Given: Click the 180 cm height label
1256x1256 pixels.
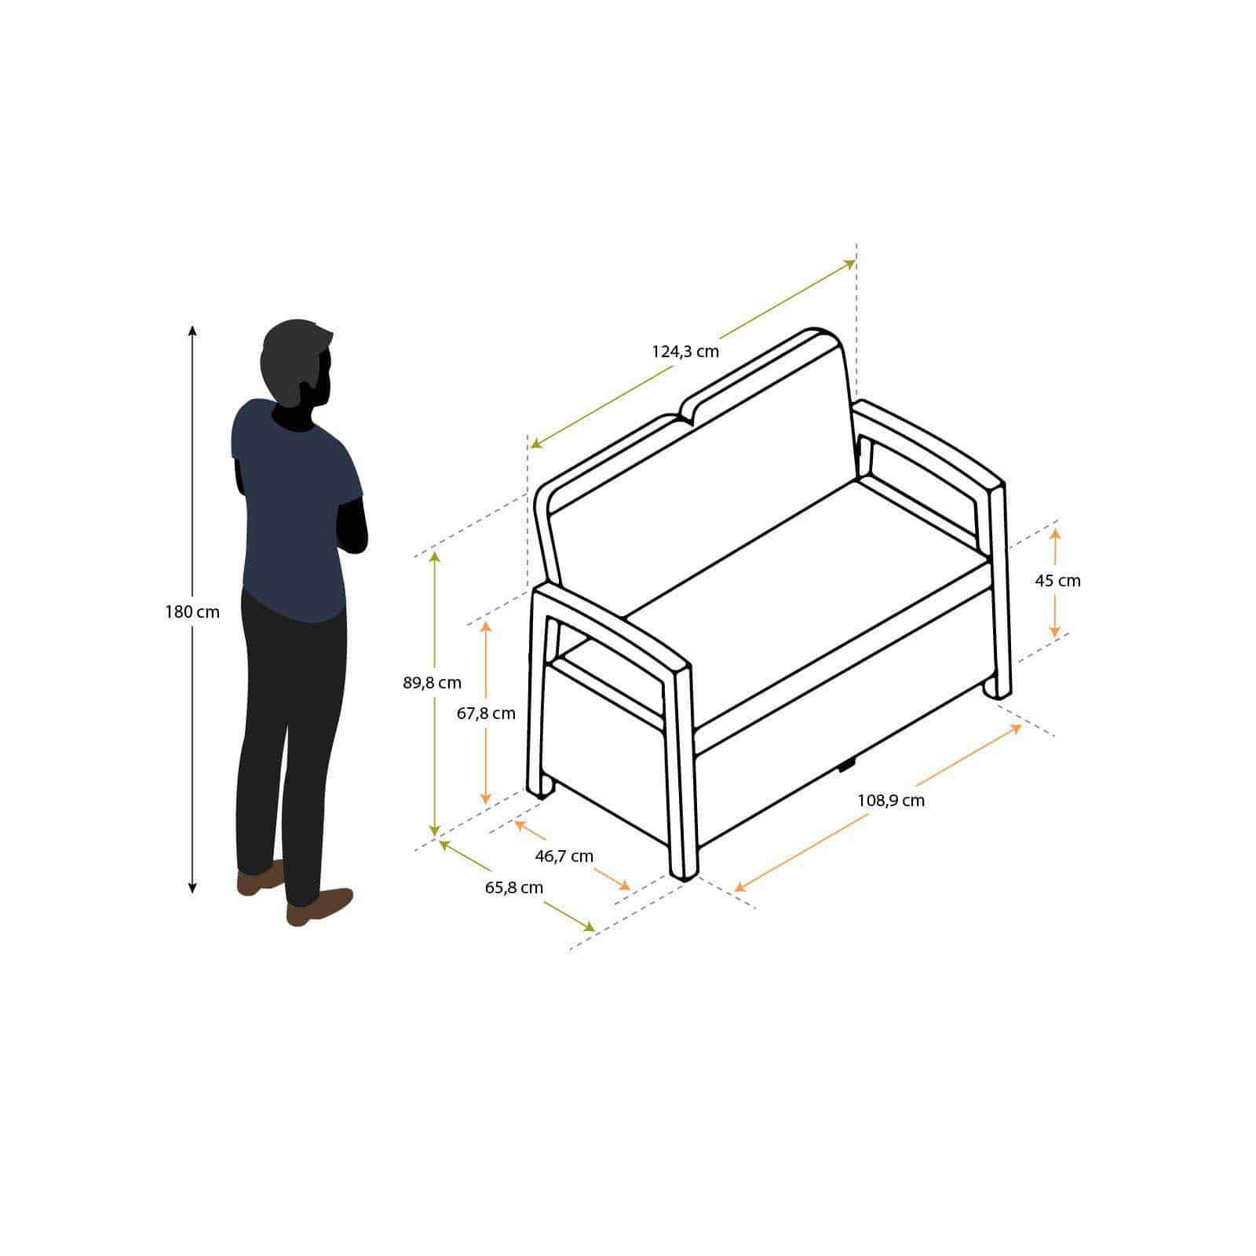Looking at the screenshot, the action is click(192, 612).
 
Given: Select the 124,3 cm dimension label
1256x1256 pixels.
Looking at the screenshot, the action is click(685, 351).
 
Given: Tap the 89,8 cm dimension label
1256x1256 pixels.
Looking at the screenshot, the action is click(432, 682).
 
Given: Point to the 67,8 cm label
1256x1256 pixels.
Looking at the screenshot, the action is click(486, 713).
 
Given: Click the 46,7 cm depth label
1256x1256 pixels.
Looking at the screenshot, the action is click(564, 856).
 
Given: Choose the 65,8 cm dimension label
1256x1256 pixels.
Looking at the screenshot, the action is click(514, 888).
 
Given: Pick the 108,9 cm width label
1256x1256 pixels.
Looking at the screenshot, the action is click(891, 801).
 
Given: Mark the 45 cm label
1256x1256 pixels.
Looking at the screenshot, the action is click(1057, 581).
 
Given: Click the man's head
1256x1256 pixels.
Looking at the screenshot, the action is click(297, 363).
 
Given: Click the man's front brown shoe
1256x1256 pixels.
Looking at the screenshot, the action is click(319, 906).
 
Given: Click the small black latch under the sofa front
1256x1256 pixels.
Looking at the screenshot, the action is click(847, 764).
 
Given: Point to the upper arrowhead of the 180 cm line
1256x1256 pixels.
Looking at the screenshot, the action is click(192, 330).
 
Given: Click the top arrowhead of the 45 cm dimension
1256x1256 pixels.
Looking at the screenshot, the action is click(1055, 533).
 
